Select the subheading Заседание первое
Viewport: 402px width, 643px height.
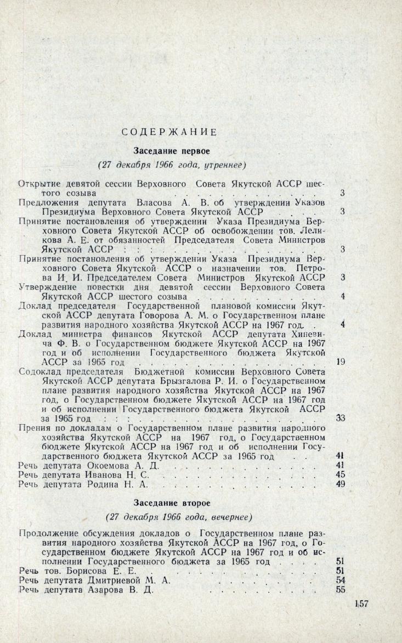[x=168, y=149]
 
